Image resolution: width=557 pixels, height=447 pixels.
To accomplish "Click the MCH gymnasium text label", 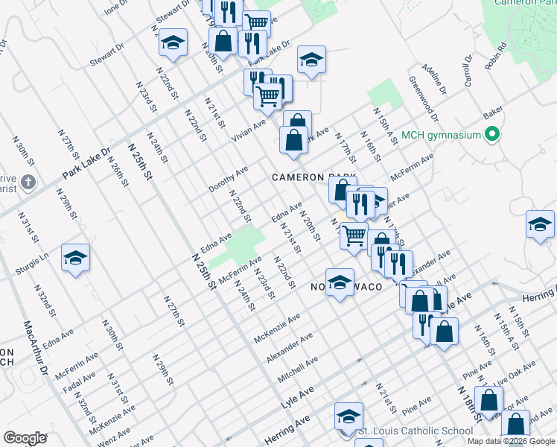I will click(439, 135).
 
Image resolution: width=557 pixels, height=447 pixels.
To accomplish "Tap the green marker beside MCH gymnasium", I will click(491, 135).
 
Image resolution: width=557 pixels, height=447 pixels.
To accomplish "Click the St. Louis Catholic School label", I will click(416, 431).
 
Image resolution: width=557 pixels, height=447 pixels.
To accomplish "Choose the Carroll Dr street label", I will click(468, 71).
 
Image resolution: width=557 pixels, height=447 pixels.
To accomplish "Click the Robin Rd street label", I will click(495, 56).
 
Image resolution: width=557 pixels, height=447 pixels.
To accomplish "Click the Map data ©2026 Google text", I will click(511, 441).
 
